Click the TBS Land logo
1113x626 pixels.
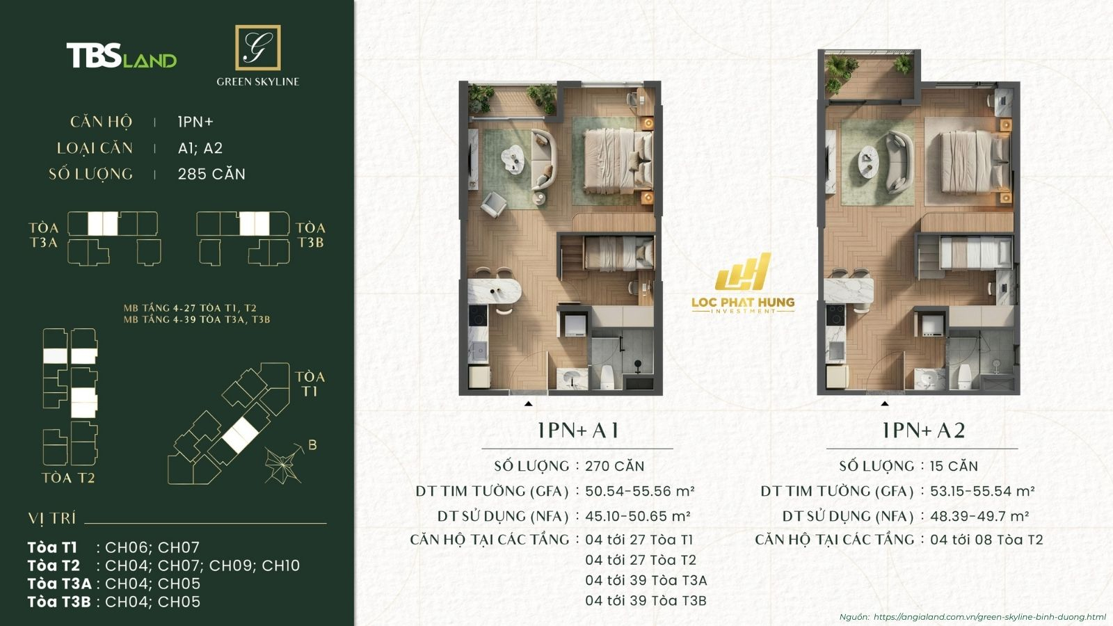click(x=121, y=56)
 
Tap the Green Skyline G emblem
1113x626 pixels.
click(x=257, y=47)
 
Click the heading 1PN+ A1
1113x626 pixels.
click(x=577, y=431)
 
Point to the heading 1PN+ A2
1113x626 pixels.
click(x=923, y=431)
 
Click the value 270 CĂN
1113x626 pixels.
click(x=615, y=466)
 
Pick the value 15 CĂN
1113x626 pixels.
click(x=954, y=466)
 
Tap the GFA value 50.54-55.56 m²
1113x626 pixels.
click(x=639, y=491)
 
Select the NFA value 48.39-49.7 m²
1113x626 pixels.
click(x=979, y=516)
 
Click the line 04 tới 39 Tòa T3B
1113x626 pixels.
click(x=646, y=600)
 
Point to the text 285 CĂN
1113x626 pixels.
click(x=211, y=174)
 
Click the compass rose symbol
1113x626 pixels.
click(x=284, y=463)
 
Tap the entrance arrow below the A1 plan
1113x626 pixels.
click(x=529, y=403)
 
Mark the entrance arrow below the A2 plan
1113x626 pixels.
click(x=885, y=403)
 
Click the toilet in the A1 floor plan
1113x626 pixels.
click(x=607, y=376)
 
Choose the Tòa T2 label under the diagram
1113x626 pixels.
click(x=68, y=478)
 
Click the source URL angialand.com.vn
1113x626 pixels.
click(x=989, y=617)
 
